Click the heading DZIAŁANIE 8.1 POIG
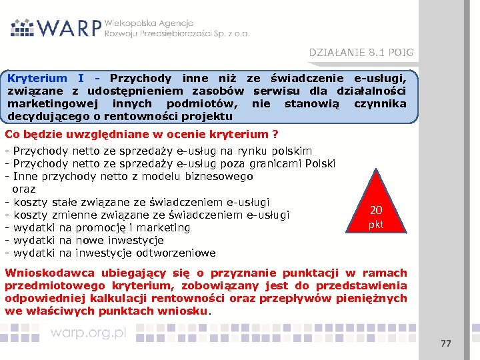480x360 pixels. click(x=360, y=52)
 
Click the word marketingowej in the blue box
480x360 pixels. click(x=50, y=103)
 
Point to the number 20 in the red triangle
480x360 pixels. click(x=376, y=211)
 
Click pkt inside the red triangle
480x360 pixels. click(x=376, y=225)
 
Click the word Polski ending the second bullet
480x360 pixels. click(x=320, y=164)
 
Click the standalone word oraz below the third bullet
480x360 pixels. click(x=24, y=189)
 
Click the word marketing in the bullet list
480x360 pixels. click(x=165, y=227)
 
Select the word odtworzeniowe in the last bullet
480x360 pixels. click(x=179, y=253)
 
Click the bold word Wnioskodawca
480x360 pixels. click(x=47, y=273)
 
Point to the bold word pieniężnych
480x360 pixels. click(x=375, y=298)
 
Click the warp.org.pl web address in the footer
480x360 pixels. click(x=88, y=333)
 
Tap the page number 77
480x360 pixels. click(x=446, y=343)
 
